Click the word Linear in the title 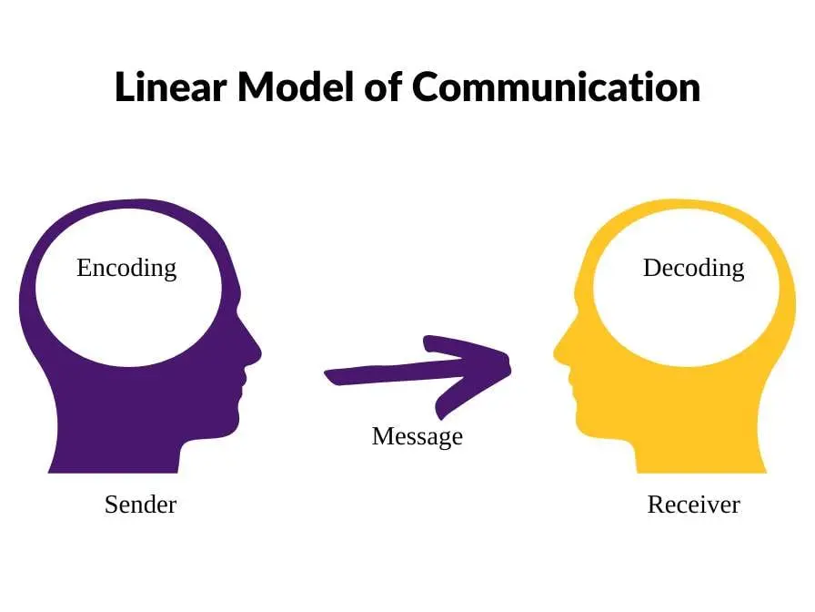pos(170,87)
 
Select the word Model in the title pos(296,87)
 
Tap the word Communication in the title pos(556,87)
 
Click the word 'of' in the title pos(383,87)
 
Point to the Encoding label pos(126,269)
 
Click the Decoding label pos(693,269)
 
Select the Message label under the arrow pos(417,437)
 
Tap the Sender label pos(140,505)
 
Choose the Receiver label pos(693,505)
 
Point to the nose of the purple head pos(257,352)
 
